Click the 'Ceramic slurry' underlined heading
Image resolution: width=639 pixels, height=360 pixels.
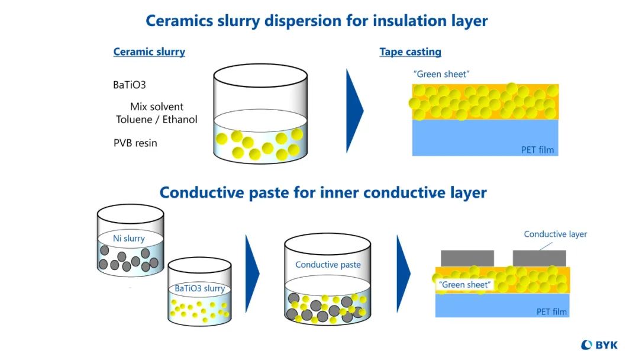click(149, 52)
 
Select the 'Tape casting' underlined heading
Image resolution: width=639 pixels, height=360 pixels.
click(410, 52)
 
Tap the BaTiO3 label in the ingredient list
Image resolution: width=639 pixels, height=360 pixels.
click(129, 85)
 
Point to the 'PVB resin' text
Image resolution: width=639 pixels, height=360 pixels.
click(135, 143)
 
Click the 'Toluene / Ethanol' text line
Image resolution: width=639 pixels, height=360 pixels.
click(156, 120)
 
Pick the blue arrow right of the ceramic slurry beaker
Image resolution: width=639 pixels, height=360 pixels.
click(354, 111)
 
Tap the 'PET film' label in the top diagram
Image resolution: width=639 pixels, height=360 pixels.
click(537, 150)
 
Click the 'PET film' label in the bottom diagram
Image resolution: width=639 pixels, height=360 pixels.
click(551, 311)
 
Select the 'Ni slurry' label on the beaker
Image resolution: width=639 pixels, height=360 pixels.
click(129, 239)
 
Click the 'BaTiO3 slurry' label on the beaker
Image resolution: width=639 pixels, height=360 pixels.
click(199, 288)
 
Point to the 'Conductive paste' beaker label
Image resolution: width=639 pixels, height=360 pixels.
click(328, 265)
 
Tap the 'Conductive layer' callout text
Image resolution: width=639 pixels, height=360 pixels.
click(555, 234)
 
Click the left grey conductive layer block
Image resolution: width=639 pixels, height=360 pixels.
click(467, 258)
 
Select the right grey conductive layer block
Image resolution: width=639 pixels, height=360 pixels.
click(539, 258)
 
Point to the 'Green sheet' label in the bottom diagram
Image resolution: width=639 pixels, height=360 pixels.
click(464, 285)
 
